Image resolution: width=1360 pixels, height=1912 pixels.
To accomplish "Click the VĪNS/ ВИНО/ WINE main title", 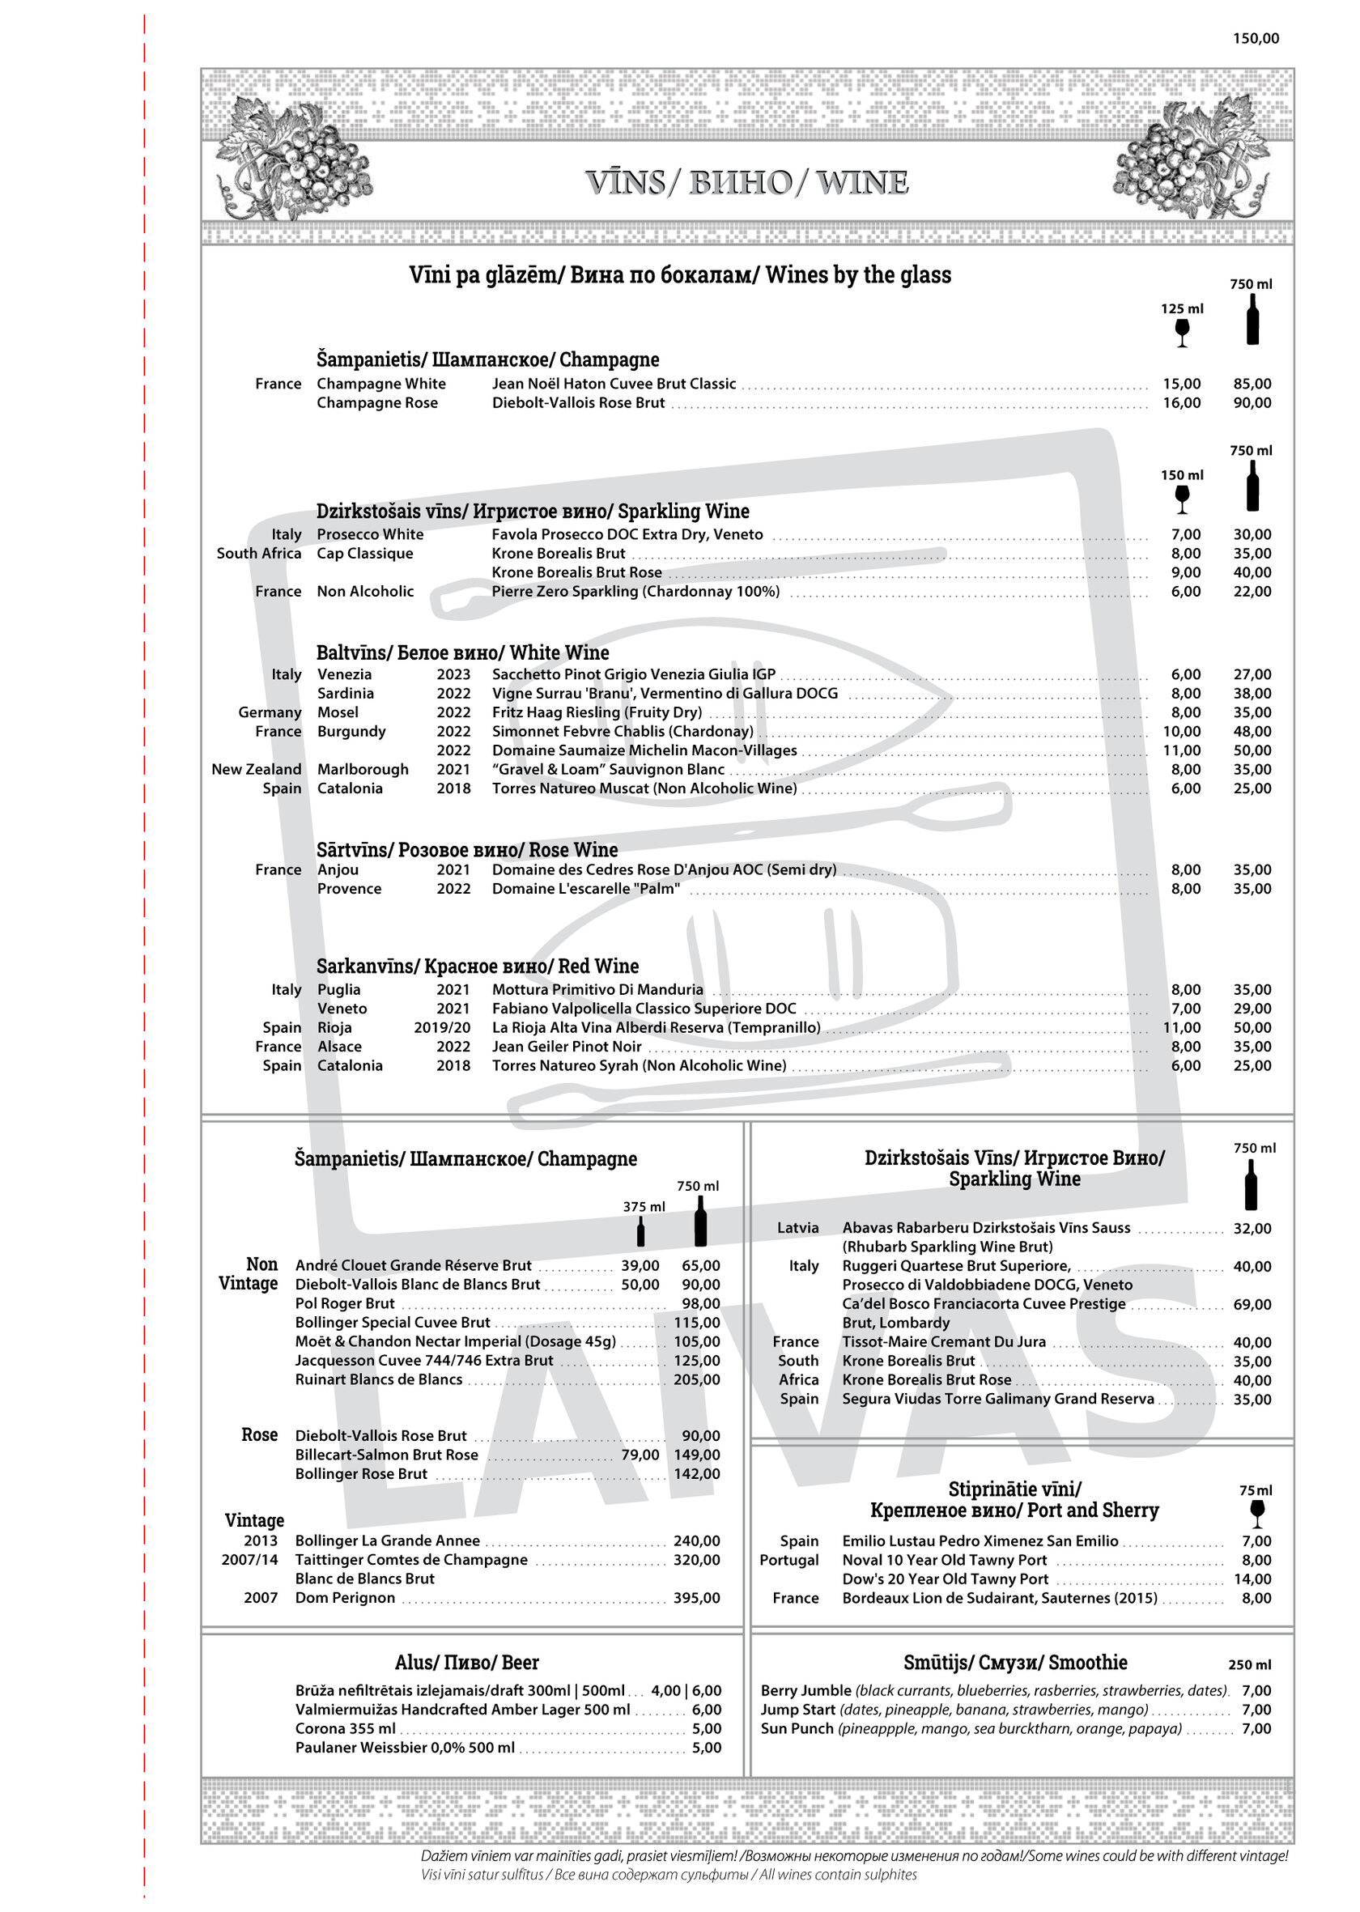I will point(747,183).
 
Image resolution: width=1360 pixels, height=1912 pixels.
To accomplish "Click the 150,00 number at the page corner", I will point(1256,39).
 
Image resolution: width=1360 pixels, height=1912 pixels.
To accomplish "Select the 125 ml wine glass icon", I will point(1182,333).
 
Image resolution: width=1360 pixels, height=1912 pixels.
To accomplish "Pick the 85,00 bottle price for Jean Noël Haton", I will point(1252,384).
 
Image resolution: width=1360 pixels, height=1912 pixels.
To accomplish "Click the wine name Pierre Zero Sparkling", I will point(635,591).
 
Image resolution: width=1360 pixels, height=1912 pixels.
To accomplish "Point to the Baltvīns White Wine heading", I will point(462,652).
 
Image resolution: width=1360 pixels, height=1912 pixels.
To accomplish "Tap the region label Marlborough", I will point(363,769).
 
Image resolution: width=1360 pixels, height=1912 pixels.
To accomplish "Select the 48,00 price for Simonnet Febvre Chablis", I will point(1252,731).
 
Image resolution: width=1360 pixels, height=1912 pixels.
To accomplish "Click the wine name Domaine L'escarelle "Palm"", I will point(585,889).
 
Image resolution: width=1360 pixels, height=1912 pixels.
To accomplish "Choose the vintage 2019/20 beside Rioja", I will point(441,1027).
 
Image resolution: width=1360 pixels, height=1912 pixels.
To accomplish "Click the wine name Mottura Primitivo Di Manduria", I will point(597,989).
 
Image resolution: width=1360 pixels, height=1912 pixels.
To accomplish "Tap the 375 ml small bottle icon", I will point(640,1232).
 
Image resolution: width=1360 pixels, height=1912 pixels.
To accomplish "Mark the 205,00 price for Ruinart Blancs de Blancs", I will point(696,1379).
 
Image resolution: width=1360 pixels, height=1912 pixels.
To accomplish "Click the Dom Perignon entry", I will point(344,1597).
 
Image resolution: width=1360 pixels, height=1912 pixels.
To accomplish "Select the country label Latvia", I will point(797,1228).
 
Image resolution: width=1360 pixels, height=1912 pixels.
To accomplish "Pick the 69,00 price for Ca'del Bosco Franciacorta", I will point(1252,1304).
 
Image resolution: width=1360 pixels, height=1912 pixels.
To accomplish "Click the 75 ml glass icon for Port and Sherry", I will point(1256,1514).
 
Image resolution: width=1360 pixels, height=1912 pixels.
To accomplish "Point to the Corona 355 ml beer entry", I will point(345,1727).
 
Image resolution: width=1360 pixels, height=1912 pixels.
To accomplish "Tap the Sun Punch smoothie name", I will point(797,1727).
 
